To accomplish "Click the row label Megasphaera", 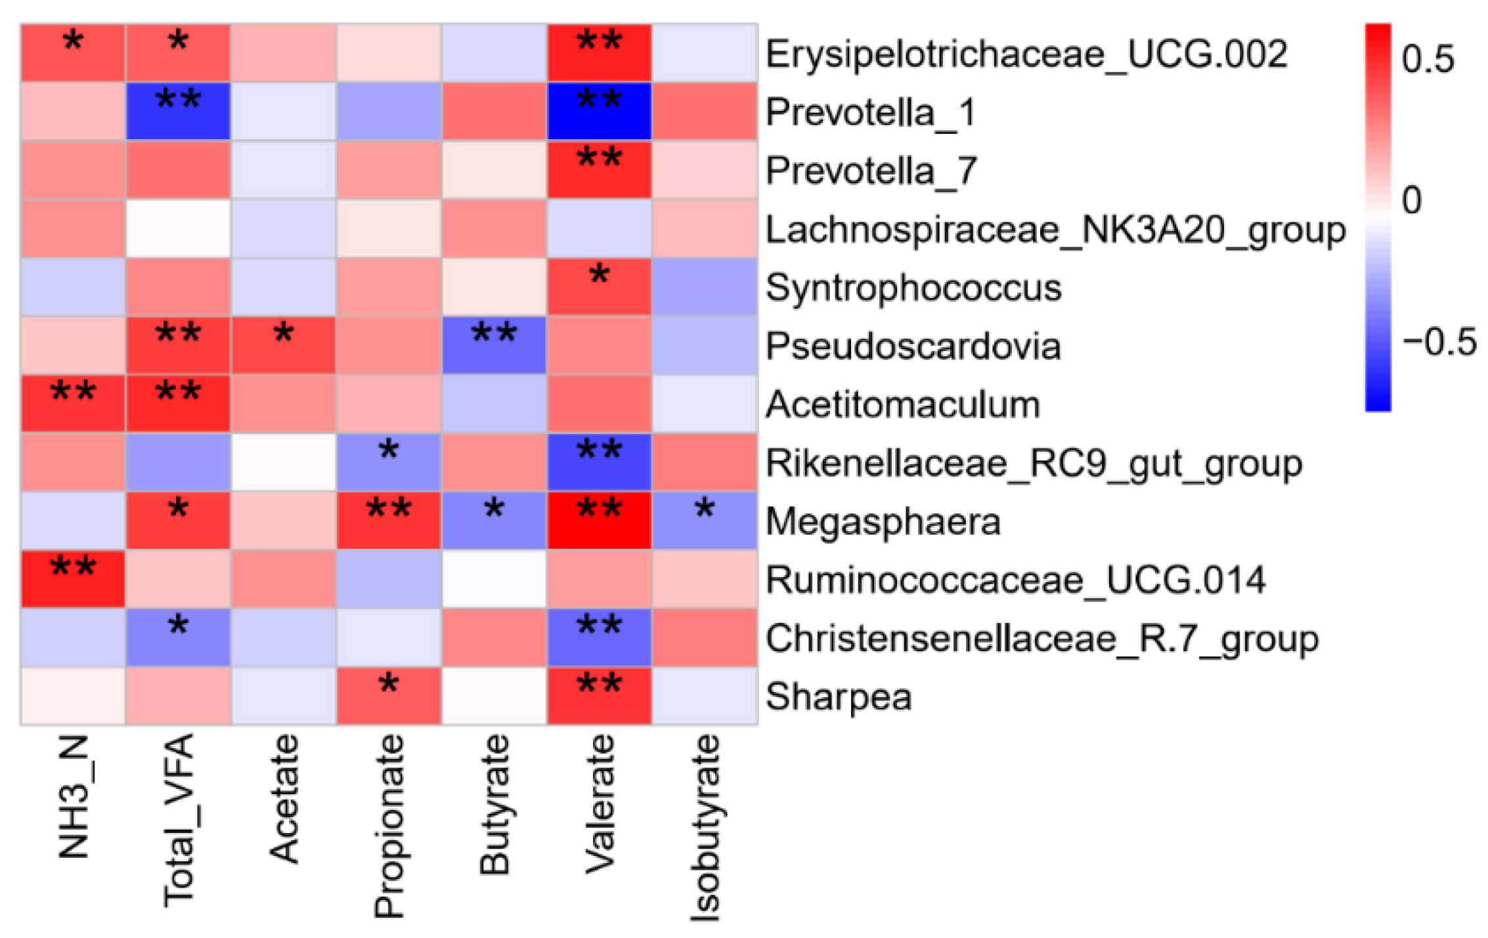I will (x=883, y=522).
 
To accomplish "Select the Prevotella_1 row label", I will (x=870, y=112).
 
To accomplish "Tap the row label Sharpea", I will (x=839, y=696).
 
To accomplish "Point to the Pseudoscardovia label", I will (x=913, y=346).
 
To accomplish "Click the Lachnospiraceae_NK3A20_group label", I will (x=1055, y=230).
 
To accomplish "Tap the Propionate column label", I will (x=389, y=826).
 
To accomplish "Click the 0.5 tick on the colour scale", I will (x=1428, y=59).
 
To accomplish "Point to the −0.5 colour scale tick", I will (x=1438, y=342).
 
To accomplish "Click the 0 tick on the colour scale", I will (x=1412, y=200).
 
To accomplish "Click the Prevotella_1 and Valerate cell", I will (x=600, y=111).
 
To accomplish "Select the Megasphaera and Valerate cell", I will (x=600, y=521).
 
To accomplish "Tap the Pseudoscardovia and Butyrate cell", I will (x=494, y=345).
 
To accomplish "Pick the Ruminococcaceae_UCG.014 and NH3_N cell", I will (x=73, y=579).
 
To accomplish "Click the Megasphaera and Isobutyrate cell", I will (x=705, y=521).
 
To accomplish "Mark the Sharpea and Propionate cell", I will (x=389, y=696).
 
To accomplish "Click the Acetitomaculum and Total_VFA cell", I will (x=178, y=404).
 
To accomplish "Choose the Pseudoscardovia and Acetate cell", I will (x=284, y=345).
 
